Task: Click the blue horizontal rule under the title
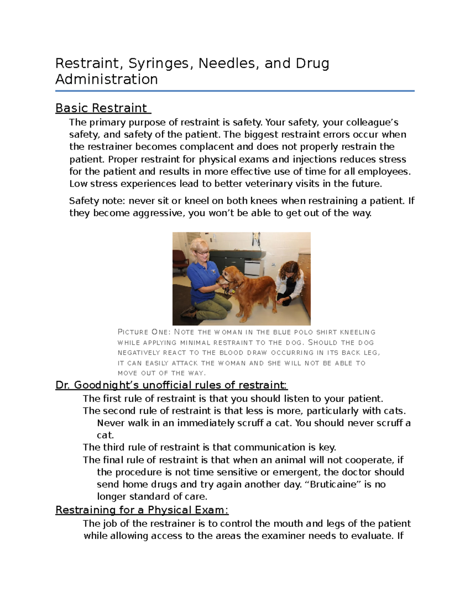(235, 91)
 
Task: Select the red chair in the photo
(180, 258)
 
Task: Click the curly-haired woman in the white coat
(290, 280)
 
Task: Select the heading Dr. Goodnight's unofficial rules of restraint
(172, 385)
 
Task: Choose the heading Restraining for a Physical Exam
(142, 510)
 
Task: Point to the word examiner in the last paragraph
(283, 536)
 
